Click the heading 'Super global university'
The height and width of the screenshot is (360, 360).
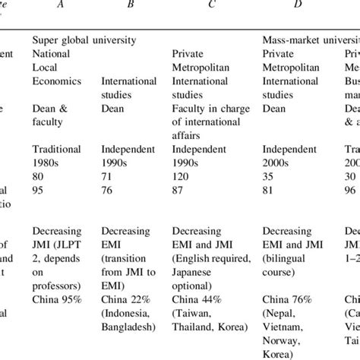click(x=84, y=39)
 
